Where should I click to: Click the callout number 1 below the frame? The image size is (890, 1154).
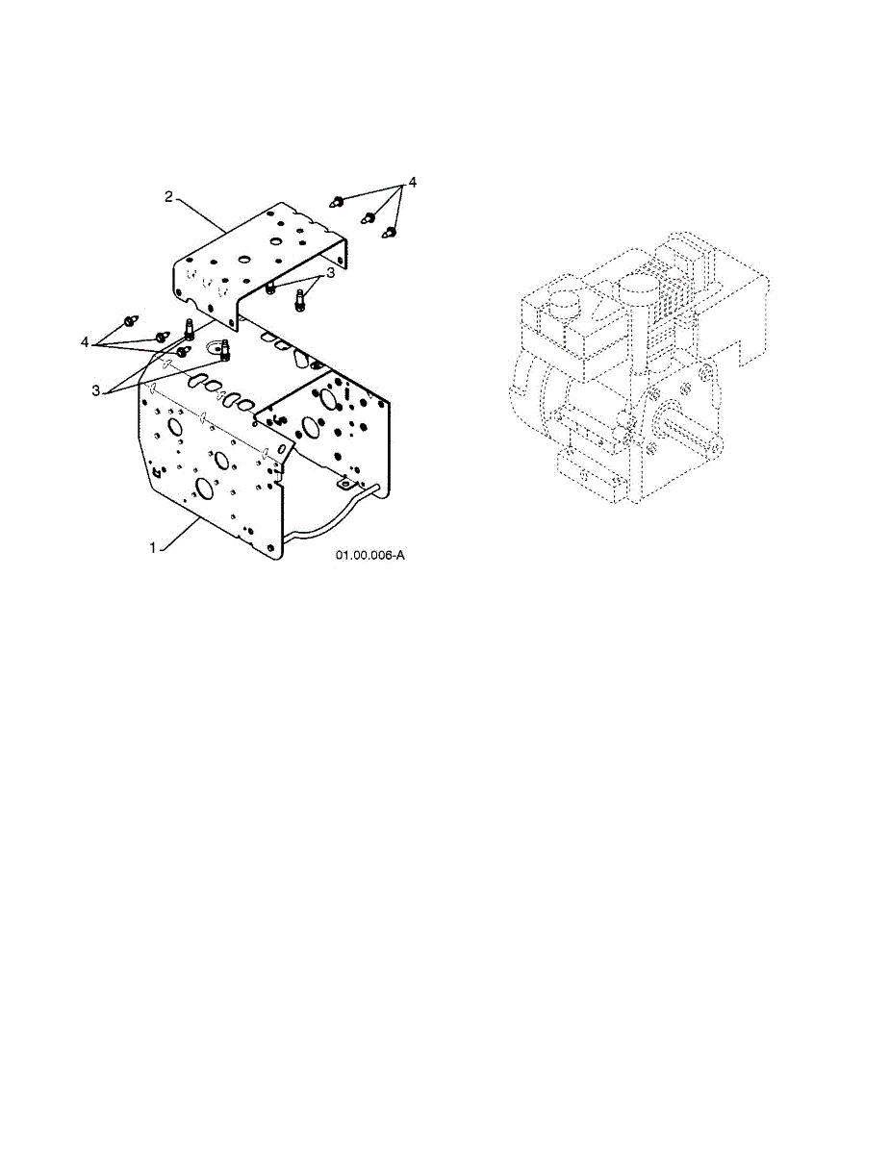(152, 547)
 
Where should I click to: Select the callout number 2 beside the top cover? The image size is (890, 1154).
(168, 196)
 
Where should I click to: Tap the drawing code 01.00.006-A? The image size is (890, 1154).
(370, 556)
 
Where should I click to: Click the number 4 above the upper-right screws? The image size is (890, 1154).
(412, 183)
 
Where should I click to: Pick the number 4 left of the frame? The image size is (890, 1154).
(86, 341)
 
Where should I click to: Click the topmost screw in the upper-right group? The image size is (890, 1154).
(339, 201)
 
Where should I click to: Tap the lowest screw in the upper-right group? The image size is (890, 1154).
(391, 232)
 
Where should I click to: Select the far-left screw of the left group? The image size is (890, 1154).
(129, 318)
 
